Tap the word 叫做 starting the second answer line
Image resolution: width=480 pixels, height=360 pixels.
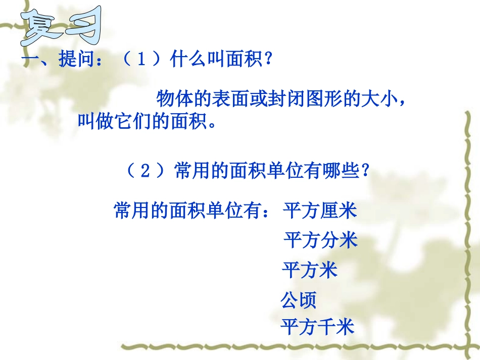coord(95,122)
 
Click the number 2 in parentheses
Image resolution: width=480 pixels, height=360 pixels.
coord(145,171)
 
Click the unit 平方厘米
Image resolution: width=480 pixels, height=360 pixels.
coord(320,210)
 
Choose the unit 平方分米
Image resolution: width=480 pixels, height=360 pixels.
coord(320,240)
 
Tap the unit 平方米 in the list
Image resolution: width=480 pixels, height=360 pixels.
coord(309,270)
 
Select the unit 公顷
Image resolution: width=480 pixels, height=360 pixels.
coord(299,300)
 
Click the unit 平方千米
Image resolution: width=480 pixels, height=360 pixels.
coord(318,327)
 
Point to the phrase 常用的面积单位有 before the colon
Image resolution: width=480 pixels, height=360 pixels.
coord(187,210)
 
